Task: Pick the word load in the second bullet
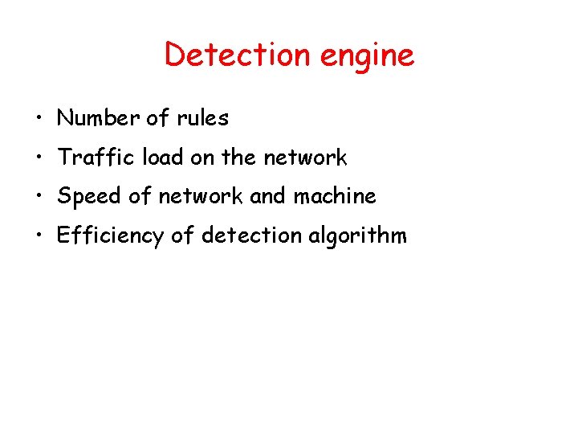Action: (162, 158)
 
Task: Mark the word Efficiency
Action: (109, 235)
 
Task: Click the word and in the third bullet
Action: (267, 196)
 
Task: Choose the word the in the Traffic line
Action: (238, 158)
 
